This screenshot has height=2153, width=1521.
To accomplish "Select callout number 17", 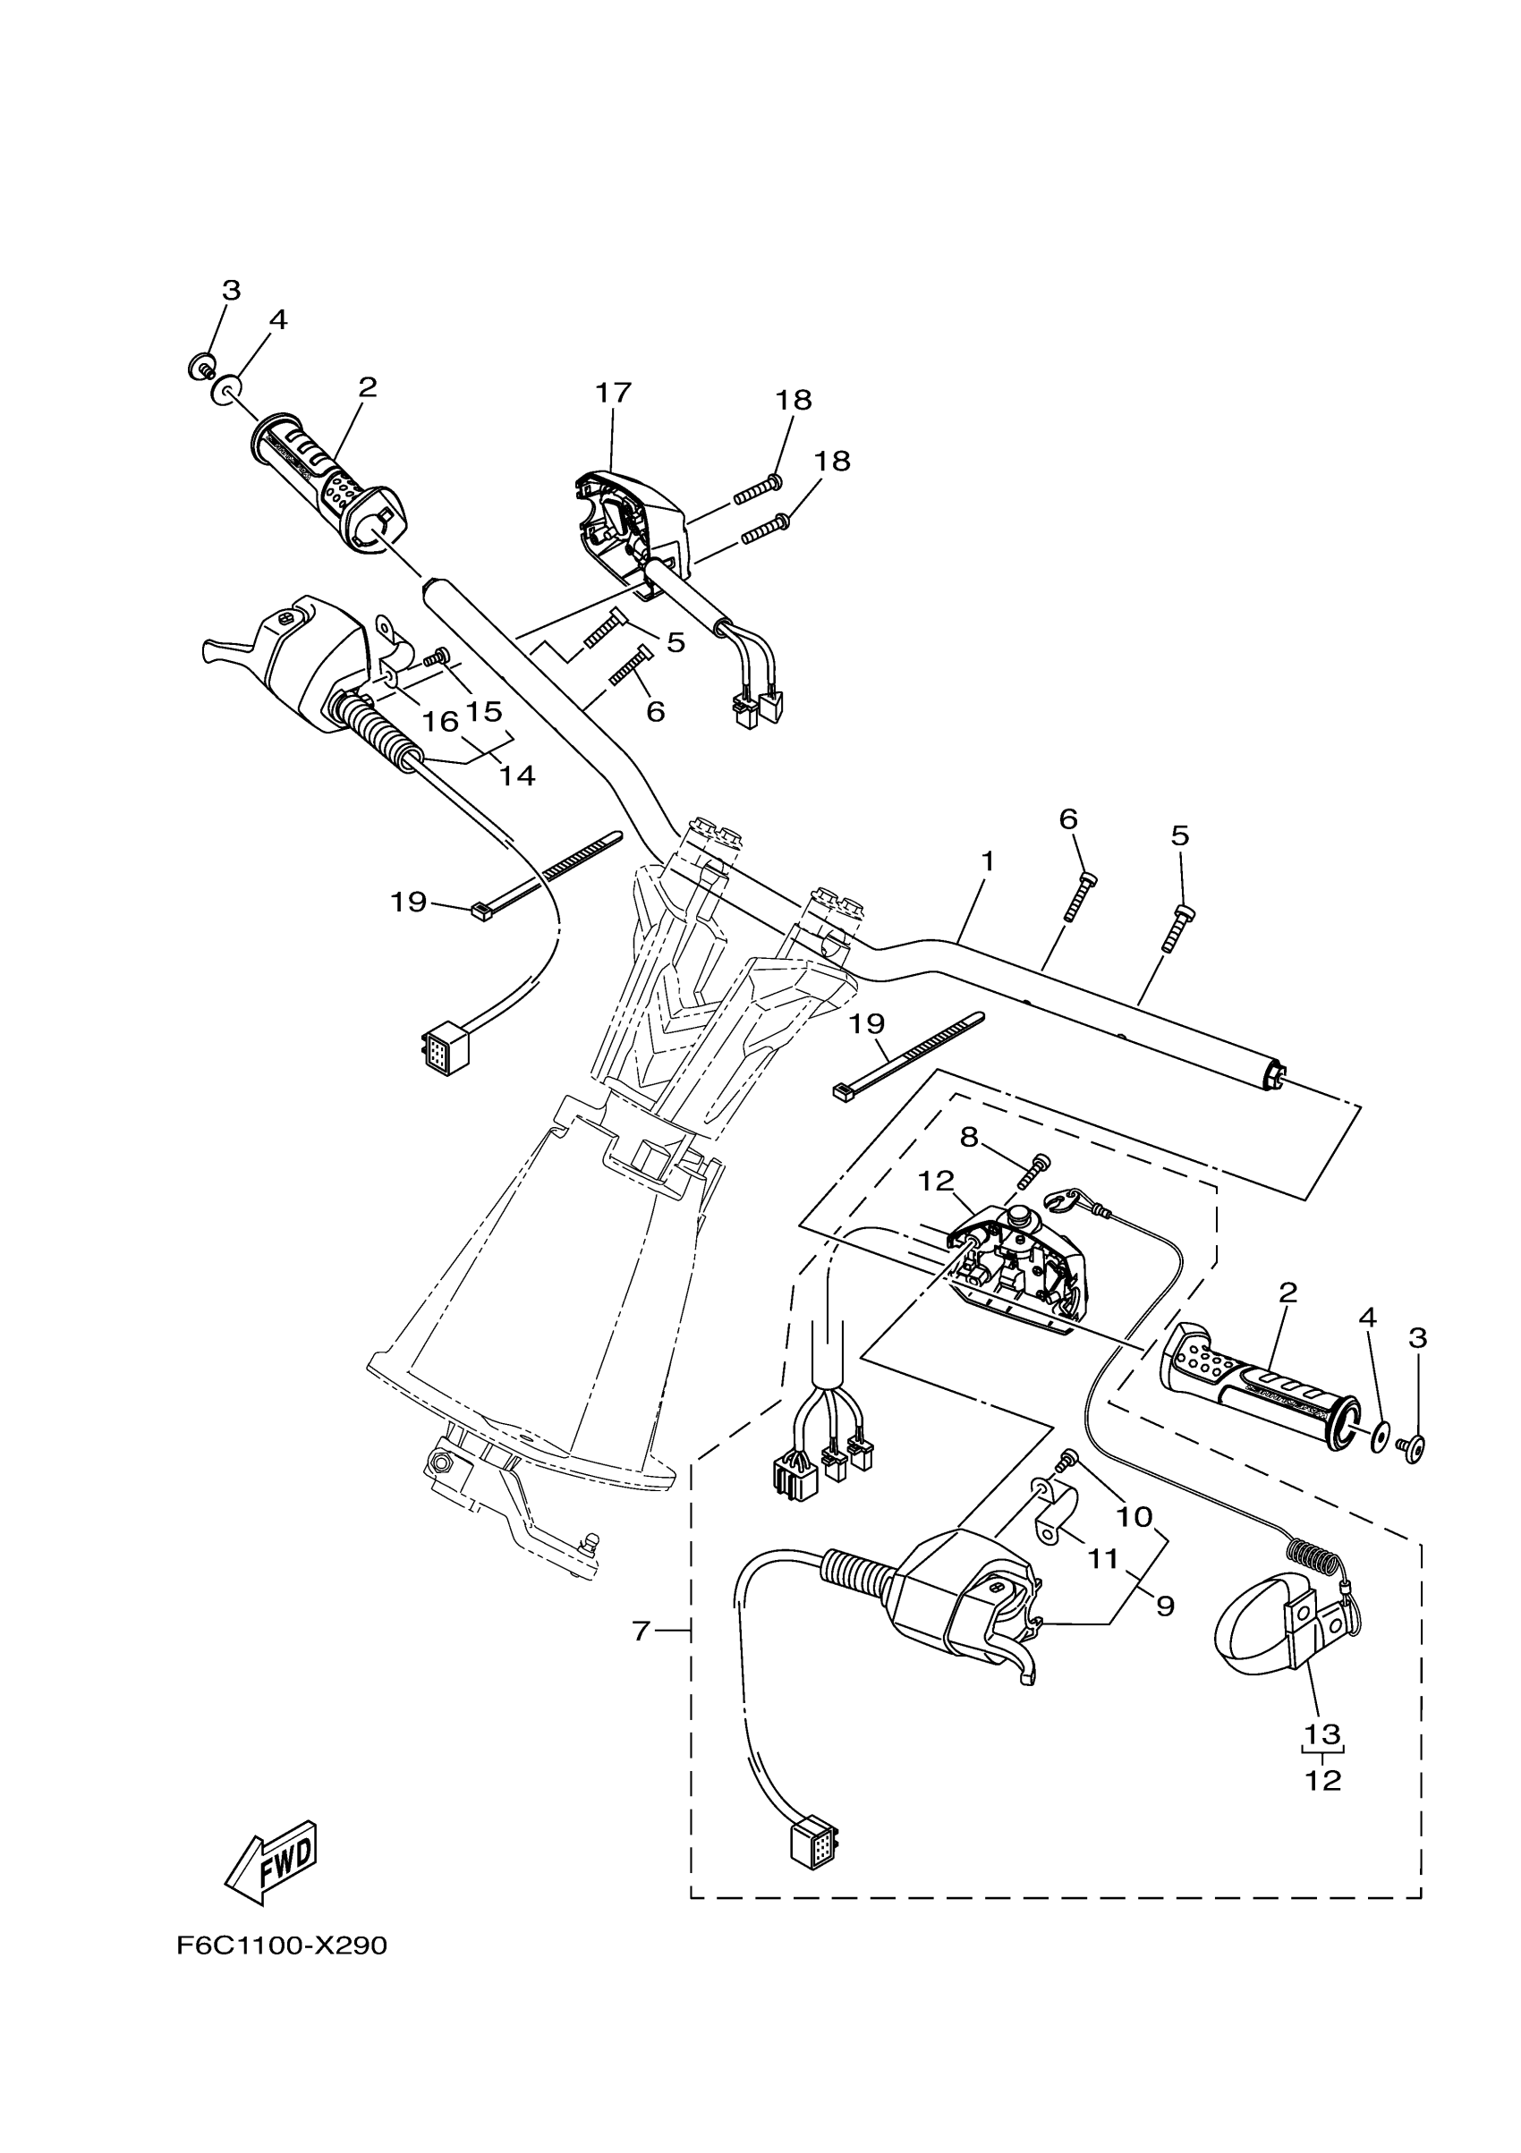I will pyautogui.click(x=613, y=393).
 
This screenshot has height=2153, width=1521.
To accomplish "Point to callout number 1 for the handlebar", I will pyautogui.click(x=987, y=860).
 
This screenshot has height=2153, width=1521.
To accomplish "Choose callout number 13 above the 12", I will pyautogui.click(x=1322, y=1733).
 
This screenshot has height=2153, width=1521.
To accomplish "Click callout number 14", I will pyautogui.click(x=516, y=776).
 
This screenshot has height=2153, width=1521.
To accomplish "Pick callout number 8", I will pyautogui.click(x=969, y=1138).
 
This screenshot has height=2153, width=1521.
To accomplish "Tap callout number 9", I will pyautogui.click(x=1165, y=1606).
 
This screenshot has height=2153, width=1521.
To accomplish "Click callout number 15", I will pyautogui.click(x=485, y=711).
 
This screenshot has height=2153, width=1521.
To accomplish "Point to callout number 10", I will pyautogui.click(x=1134, y=1516).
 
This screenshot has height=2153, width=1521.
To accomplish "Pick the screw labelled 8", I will pyautogui.click(x=1031, y=1173).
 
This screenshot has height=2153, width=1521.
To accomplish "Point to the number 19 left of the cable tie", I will pyautogui.click(x=409, y=903).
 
